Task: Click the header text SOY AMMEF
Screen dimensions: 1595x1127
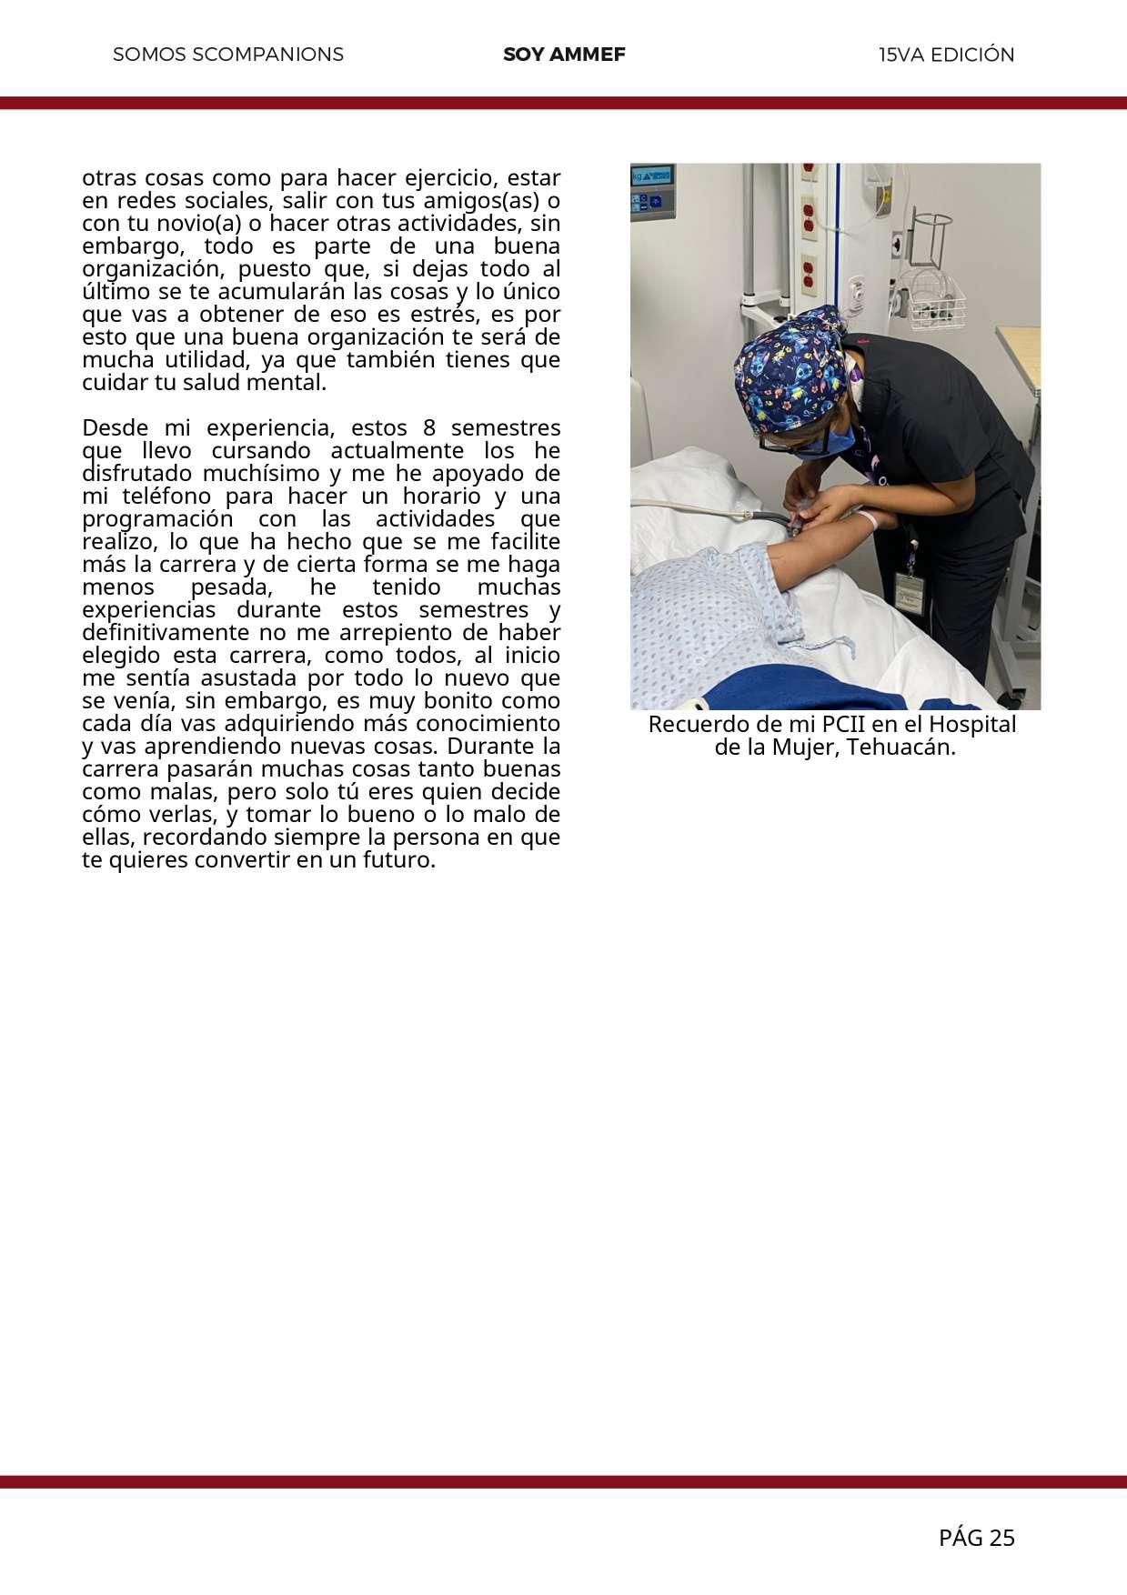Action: tap(564, 55)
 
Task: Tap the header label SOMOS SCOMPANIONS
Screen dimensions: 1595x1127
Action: tap(228, 55)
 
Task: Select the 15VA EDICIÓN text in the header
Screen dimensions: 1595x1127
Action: tap(946, 55)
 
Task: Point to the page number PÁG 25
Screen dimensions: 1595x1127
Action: tap(976, 1538)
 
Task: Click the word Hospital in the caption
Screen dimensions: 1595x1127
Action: tap(972, 726)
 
